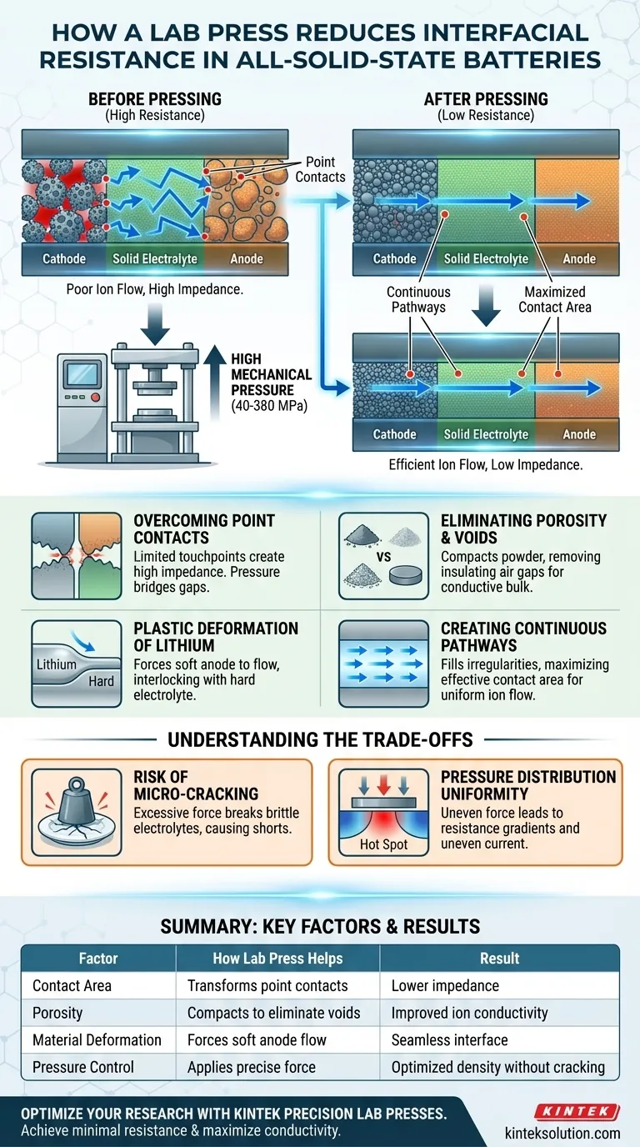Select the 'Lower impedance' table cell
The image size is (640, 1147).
pos(445,985)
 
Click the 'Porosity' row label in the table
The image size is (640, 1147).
pos(57,1013)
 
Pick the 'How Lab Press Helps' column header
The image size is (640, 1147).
pos(277,959)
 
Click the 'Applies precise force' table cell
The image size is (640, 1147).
pos(252,1066)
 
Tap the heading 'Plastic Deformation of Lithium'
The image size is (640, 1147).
pos(216,636)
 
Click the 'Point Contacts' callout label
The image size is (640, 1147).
pos(320,169)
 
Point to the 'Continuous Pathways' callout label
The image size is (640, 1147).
pos(418,299)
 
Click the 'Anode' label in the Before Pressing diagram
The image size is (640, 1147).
pos(247,258)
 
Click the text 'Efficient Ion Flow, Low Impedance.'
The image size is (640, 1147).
pos(486,465)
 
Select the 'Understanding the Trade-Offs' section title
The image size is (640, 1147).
pos(320,739)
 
